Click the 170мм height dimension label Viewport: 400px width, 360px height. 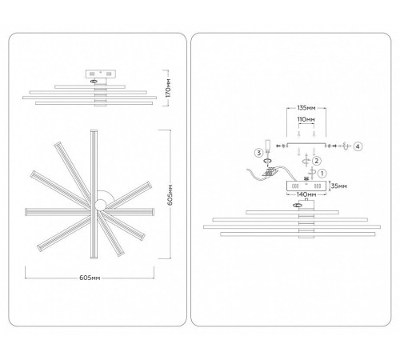168,88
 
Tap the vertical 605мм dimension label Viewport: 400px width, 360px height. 170,194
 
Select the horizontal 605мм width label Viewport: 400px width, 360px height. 90,278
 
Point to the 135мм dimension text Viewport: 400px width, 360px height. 306,108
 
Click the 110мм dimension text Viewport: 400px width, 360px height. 306,119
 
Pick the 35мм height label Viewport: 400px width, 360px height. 339,186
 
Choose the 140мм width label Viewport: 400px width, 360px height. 306,194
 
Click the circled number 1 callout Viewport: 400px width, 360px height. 322,174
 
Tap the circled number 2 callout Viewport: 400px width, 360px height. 317,161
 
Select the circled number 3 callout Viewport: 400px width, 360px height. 258,153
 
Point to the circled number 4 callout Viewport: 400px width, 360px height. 358,146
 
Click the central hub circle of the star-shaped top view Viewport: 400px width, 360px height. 101,205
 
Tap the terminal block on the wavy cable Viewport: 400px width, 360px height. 270,172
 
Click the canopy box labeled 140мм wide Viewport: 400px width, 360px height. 306,186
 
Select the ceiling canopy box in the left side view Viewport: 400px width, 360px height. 101,74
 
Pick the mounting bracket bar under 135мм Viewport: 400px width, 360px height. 306,144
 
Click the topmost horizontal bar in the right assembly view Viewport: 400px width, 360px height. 292,213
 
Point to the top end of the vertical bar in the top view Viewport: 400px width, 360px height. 94,130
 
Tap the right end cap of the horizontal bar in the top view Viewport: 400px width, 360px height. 154,212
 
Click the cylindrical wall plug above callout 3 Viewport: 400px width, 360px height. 268,145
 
